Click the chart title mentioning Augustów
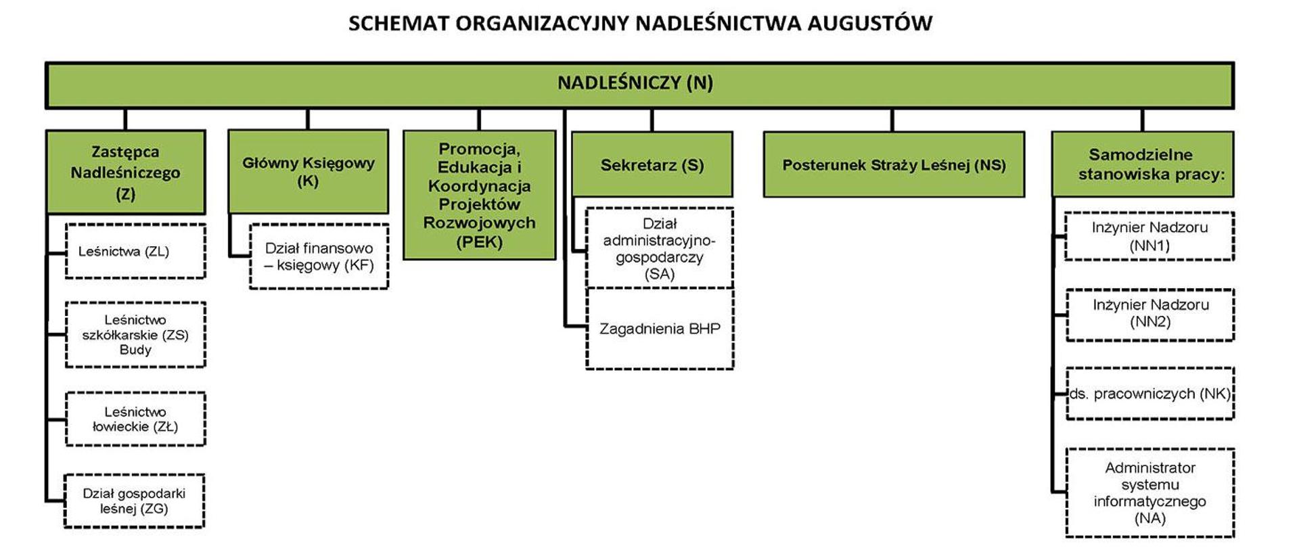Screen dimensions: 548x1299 (639, 23)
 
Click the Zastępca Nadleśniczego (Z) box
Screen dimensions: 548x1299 (126, 173)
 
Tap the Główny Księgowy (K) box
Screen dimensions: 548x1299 (309, 171)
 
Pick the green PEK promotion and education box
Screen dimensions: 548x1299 (479, 196)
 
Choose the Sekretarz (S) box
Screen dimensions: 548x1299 (652, 164)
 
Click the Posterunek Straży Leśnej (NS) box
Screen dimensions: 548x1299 (894, 164)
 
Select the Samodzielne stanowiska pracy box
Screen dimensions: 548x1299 (1143, 164)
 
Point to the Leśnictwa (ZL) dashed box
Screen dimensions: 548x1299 (135, 251)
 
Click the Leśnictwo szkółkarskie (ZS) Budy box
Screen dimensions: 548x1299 (135, 335)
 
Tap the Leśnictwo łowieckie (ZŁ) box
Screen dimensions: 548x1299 (135, 419)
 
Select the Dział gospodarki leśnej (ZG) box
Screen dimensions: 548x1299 (134, 501)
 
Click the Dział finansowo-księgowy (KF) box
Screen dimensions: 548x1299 (319, 256)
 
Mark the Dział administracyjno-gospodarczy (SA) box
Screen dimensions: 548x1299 (660, 248)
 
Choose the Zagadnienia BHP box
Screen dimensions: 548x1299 (660, 329)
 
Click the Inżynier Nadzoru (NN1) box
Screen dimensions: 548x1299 (1149, 236)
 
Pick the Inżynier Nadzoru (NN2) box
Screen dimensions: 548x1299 (1150, 314)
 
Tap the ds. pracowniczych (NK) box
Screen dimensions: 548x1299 (1150, 394)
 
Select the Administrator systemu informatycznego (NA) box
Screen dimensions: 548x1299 (1150, 493)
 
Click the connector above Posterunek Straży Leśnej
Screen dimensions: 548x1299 (892, 120)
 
